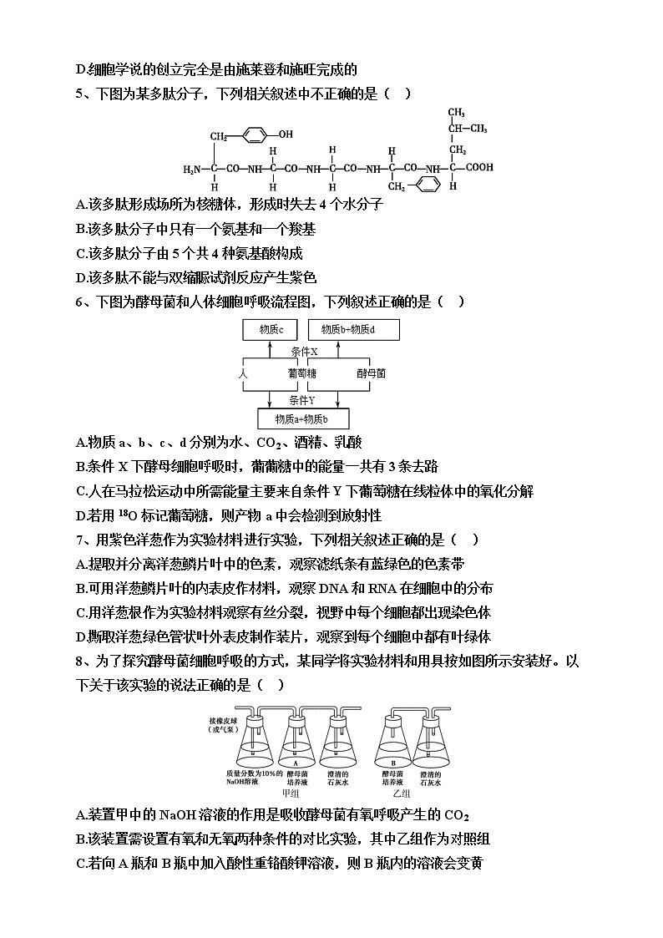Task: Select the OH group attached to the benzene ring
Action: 286,133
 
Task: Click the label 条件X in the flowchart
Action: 304,352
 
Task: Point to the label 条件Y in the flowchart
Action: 304,400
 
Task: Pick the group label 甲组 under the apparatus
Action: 291,793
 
